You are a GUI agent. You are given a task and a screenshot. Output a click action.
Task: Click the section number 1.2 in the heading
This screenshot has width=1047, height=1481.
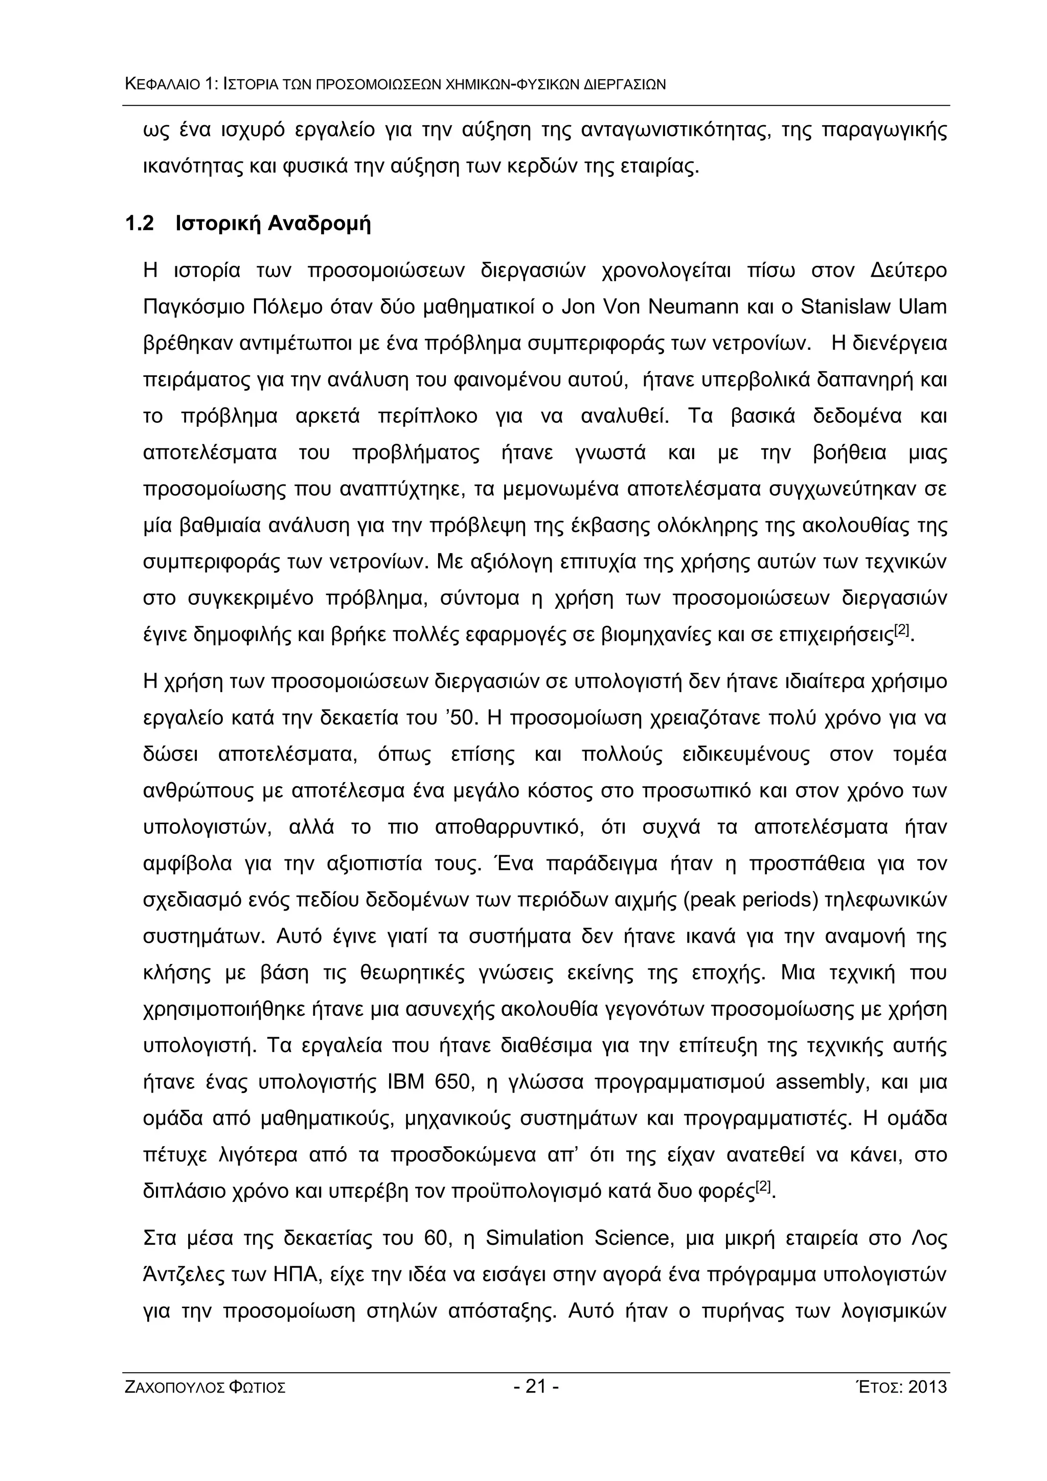coord(140,224)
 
